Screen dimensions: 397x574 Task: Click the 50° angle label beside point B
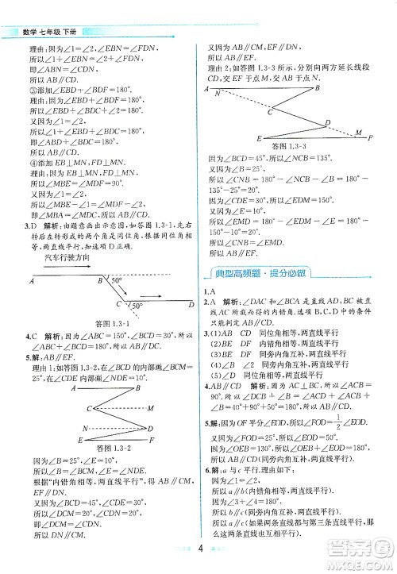click(117, 281)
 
